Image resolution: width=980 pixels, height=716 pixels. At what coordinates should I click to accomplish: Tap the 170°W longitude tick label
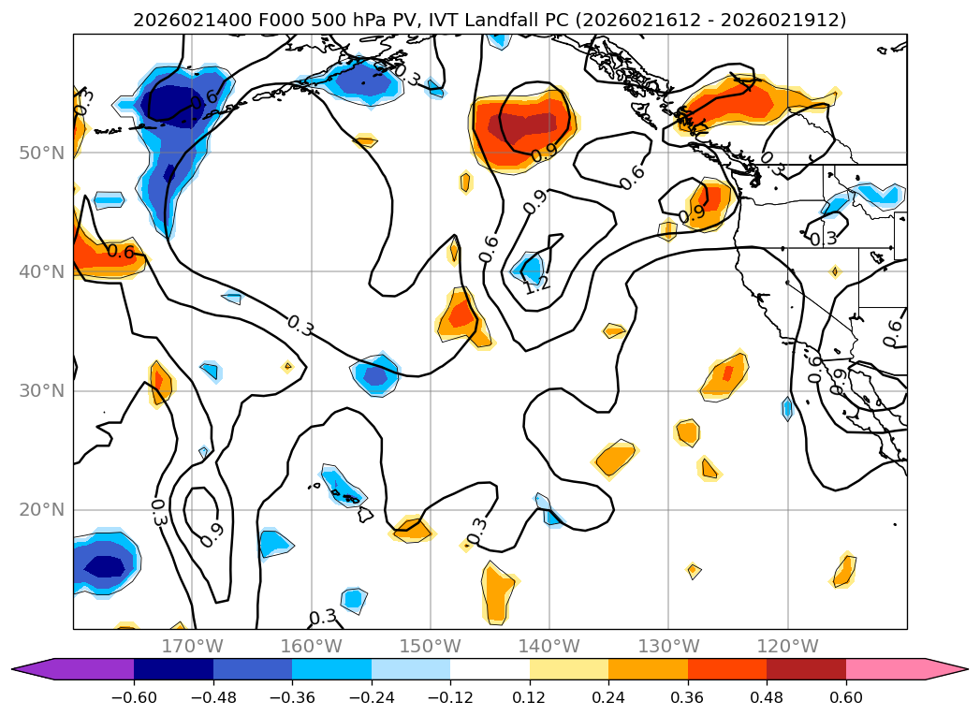coord(192,646)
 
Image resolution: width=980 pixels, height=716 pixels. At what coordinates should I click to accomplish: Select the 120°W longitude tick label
coord(787,646)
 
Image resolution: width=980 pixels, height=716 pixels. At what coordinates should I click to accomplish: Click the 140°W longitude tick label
coord(549,646)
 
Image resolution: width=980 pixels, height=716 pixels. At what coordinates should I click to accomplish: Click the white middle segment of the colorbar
coord(490,668)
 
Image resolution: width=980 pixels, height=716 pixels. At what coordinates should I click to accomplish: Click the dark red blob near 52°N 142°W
coord(521,124)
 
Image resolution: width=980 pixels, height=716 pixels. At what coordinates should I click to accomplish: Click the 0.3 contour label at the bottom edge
coord(322,617)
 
